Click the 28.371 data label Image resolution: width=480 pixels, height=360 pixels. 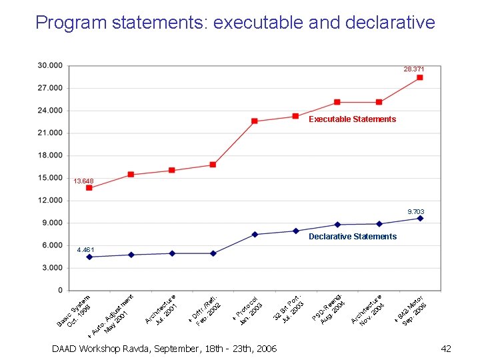[x=413, y=69]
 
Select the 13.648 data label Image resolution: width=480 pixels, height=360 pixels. [x=83, y=181]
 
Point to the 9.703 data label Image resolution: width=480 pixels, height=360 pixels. [x=416, y=212]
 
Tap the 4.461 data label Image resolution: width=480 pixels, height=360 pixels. [x=87, y=250]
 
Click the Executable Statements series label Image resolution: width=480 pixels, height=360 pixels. [x=352, y=119]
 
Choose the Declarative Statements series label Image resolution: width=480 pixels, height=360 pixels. [x=352, y=237]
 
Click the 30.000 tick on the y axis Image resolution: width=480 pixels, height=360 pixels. [x=50, y=65]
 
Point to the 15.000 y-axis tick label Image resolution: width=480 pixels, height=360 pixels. [x=50, y=178]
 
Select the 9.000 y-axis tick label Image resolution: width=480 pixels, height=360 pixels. [x=52, y=223]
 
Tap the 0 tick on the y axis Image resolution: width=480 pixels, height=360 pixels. [x=60, y=291]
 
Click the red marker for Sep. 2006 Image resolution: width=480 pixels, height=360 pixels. [x=420, y=78]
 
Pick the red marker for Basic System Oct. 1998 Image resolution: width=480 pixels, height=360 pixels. [x=89, y=188]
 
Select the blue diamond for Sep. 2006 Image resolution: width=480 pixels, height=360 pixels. [x=420, y=218]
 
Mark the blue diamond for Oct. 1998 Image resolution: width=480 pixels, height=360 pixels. [x=89, y=257]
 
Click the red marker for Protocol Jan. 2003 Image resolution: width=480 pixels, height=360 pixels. [x=255, y=121]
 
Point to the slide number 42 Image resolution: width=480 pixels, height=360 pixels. [x=446, y=349]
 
